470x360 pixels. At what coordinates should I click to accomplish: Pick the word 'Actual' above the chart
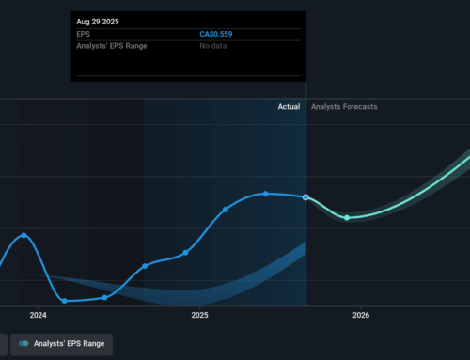coord(289,107)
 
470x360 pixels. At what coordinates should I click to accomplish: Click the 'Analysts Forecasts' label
coord(344,107)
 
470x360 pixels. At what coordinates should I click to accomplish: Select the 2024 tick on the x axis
coord(39,316)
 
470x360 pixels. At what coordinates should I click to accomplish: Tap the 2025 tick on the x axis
coord(199,316)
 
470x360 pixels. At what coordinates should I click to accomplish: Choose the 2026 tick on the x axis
coord(361,316)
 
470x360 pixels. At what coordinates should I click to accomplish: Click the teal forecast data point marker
coord(347,217)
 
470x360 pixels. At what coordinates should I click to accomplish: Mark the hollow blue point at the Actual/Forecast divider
coord(305,197)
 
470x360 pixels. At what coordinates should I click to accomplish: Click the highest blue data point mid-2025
coord(266,194)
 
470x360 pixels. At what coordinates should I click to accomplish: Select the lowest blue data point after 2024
coord(65,301)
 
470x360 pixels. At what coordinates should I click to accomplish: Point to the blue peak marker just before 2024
coord(23,235)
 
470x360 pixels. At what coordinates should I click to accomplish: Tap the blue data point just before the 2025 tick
coord(185,252)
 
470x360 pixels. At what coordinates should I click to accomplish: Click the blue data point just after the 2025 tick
coord(226,209)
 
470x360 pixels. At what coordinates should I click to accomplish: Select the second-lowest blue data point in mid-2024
coord(104,297)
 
